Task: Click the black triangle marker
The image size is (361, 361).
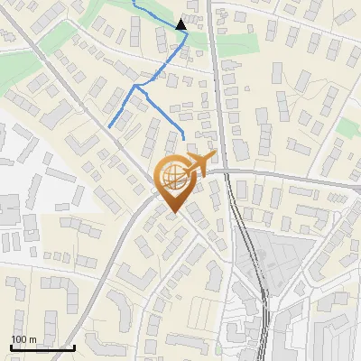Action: click(181, 25)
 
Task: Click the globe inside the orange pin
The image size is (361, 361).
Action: click(171, 180)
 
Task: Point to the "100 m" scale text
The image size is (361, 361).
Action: click(23, 338)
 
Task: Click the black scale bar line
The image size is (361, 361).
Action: click(42, 347)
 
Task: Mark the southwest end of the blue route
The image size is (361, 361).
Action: click(109, 127)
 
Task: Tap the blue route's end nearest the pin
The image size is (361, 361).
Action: click(184, 137)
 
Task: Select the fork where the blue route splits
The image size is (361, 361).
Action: click(137, 87)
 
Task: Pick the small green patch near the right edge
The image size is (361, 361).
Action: click(348, 127)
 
